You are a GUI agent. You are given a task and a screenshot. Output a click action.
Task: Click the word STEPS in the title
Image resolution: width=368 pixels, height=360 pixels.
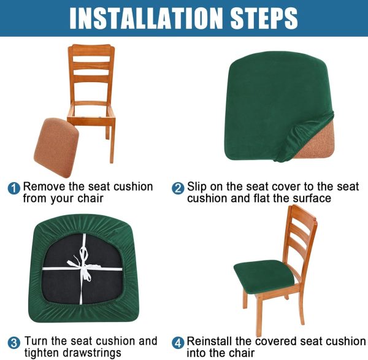tap(264, 18)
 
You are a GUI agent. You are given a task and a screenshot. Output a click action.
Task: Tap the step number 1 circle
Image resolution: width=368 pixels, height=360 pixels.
tap(14, 188)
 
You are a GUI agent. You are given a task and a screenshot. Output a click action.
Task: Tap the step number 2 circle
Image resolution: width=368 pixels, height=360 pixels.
tap(178, 188)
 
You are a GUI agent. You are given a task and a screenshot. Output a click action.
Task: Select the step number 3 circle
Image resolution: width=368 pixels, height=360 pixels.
tap(14, 343)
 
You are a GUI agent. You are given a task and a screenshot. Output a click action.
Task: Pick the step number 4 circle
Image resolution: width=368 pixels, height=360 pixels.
tap(178, 343)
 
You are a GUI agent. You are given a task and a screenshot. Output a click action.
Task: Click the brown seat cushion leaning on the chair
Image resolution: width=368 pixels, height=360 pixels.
tap(56, 147)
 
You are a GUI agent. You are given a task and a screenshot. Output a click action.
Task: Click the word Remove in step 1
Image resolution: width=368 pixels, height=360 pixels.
tap(44, 187)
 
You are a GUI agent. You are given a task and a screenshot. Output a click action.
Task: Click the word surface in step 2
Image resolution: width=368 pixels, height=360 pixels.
tap(312, 199)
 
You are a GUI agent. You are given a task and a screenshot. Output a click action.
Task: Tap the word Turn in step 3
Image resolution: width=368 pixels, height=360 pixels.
tap(36, 341)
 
